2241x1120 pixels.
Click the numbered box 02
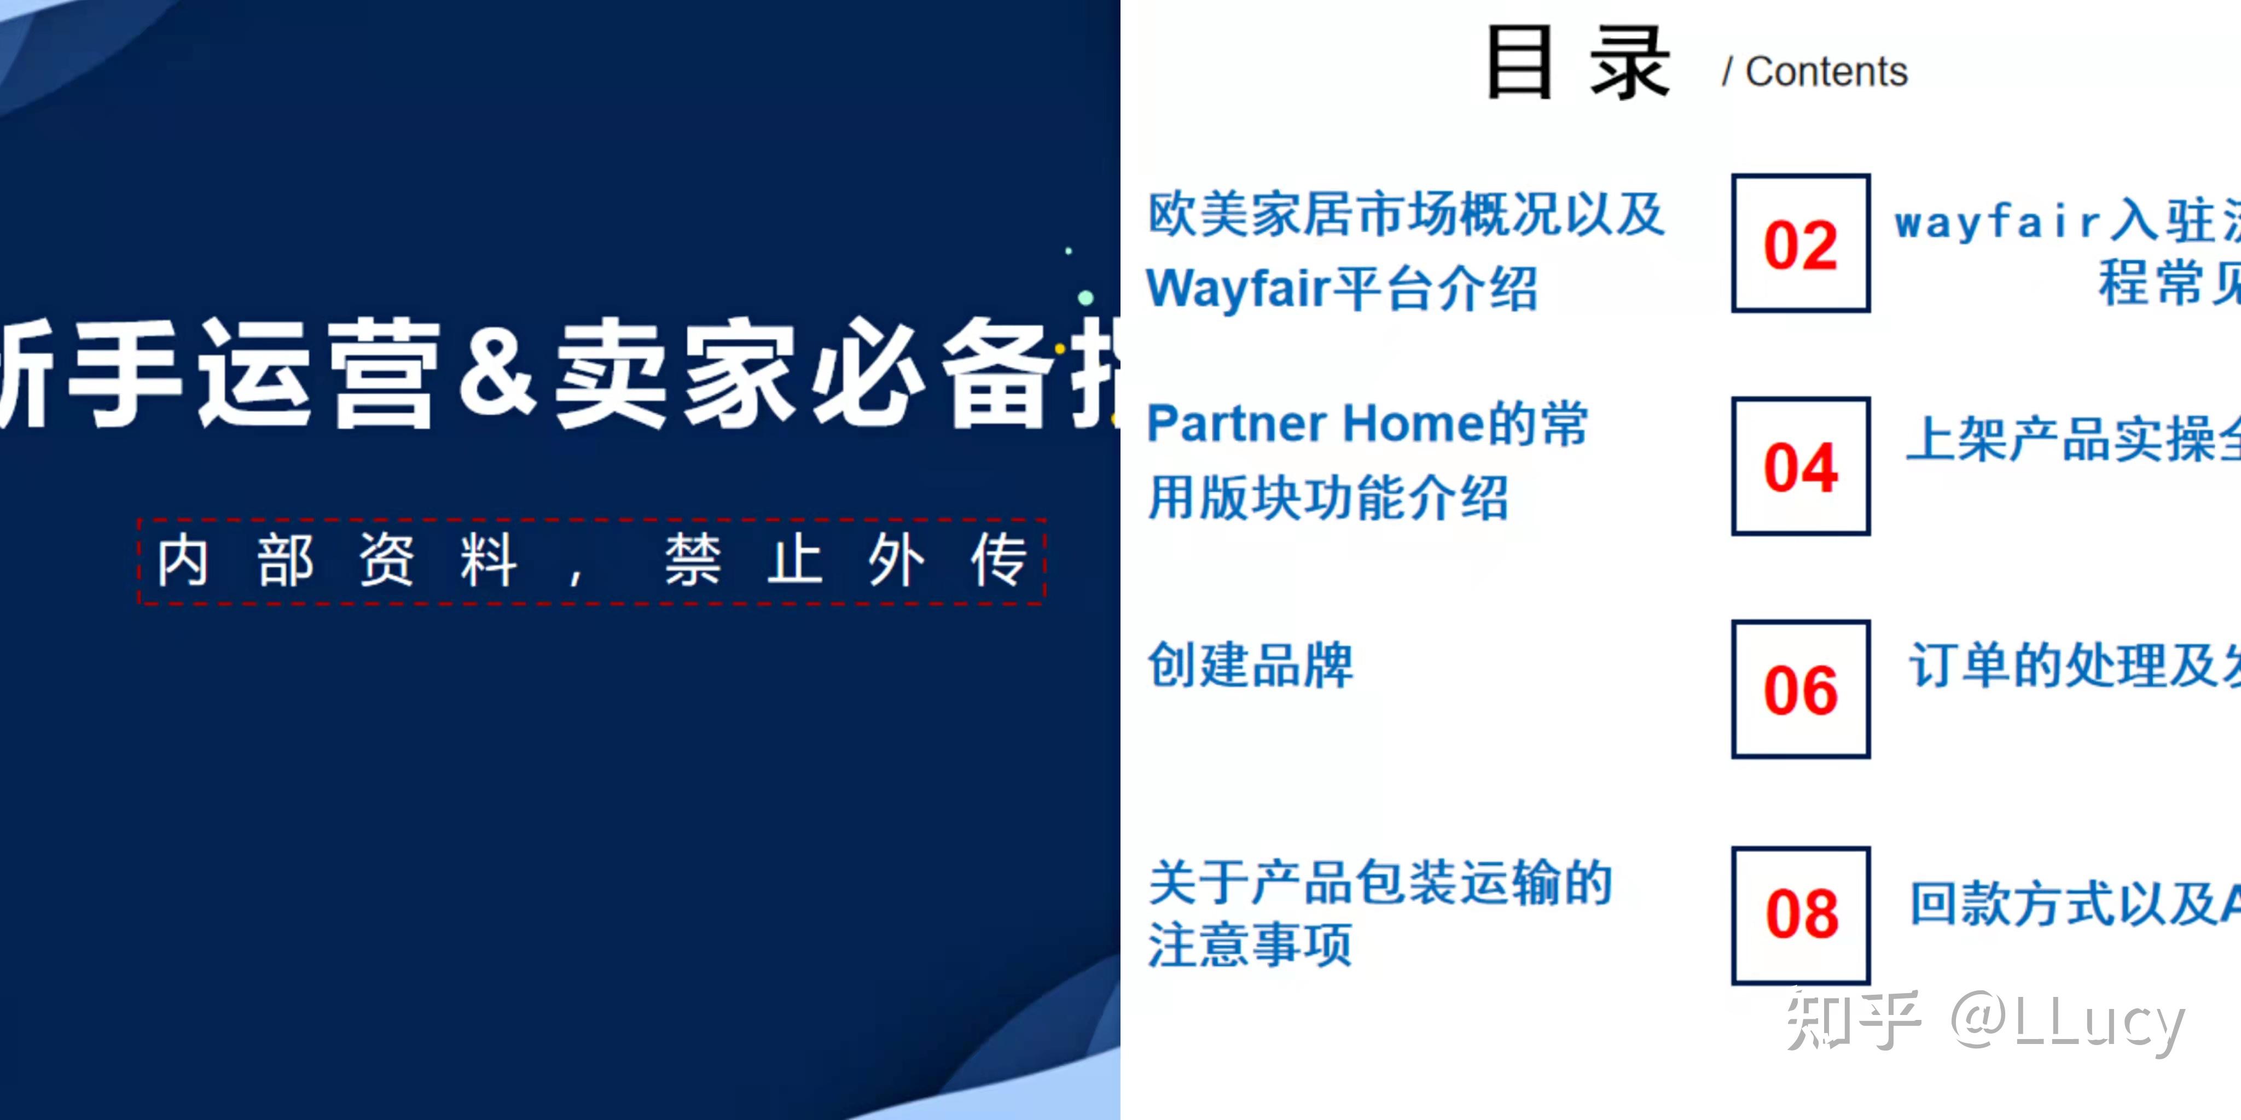coord(1800,243)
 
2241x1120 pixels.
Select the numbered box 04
coord(1800,466)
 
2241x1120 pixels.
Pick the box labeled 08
coord(1801,915)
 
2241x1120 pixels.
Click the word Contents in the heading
coord(1826,71)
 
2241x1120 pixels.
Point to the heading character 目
coord(1519,62)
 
